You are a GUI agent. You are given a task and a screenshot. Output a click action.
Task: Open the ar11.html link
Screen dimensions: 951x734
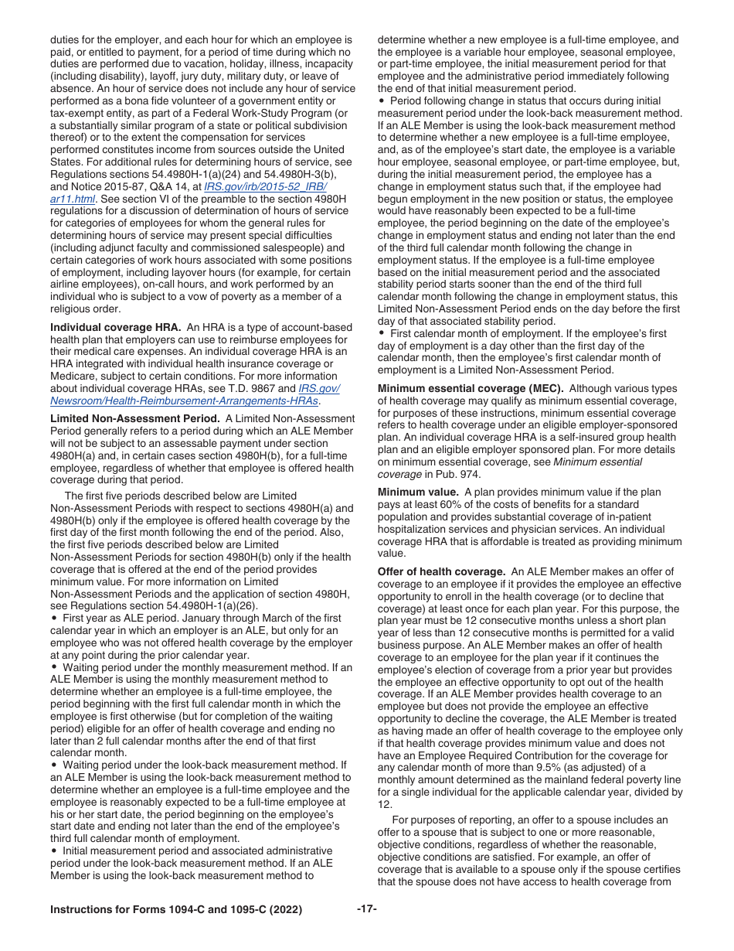tap(73, 199)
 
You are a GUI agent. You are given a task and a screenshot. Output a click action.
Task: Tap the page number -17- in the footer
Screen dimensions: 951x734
tap(366, 909)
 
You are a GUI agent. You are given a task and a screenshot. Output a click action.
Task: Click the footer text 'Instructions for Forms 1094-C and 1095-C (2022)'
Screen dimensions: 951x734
tap(175, 910)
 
